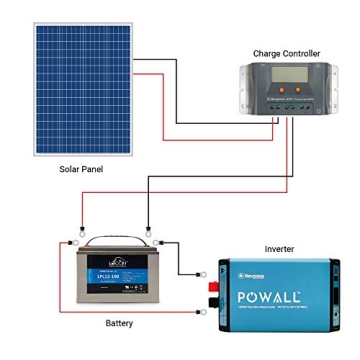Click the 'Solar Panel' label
80,170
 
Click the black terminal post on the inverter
216,272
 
